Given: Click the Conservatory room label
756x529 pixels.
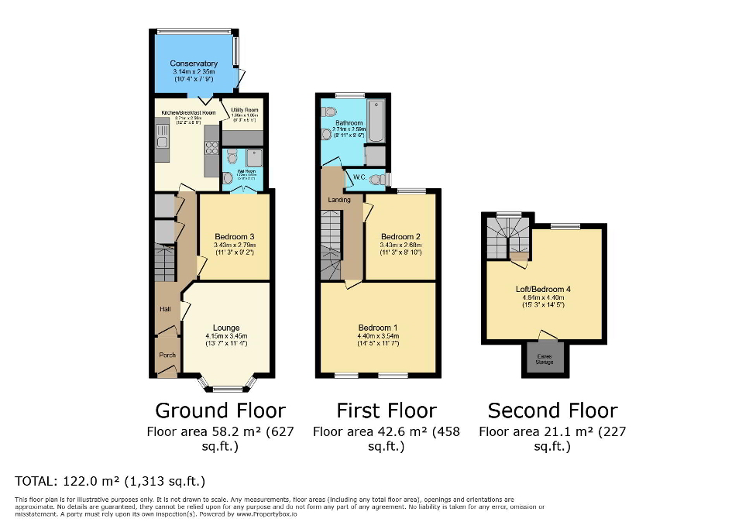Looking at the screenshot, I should point(194,64).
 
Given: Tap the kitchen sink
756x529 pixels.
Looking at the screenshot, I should point(162,140).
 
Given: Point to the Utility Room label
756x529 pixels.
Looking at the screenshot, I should point(245,111).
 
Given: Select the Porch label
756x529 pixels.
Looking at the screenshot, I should point(167,356).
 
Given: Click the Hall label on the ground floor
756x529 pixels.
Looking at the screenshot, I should point(165,310).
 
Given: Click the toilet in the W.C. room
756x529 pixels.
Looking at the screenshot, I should point(377,179).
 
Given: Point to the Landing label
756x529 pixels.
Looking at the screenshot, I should point(339,200).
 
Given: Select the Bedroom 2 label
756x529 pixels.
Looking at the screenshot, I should point(400,237).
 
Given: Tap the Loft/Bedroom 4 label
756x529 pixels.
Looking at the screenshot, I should point(543,290).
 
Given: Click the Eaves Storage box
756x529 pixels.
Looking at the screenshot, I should point(545,359).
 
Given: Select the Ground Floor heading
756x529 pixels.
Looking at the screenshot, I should point(221,410).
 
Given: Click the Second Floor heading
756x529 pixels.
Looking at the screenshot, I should point(552,410).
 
